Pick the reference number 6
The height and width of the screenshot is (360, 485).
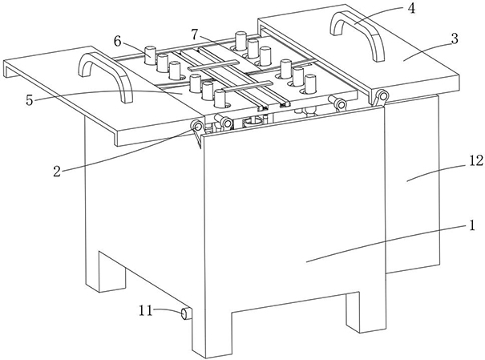[118, 39]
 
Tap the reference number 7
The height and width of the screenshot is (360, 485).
[195, 32]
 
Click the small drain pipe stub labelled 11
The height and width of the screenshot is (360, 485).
[185, 313]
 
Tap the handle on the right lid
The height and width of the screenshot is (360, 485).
[357, 34]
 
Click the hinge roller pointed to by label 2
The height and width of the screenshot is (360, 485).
[196, 127]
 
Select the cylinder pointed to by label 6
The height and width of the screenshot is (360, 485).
[149, 56]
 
